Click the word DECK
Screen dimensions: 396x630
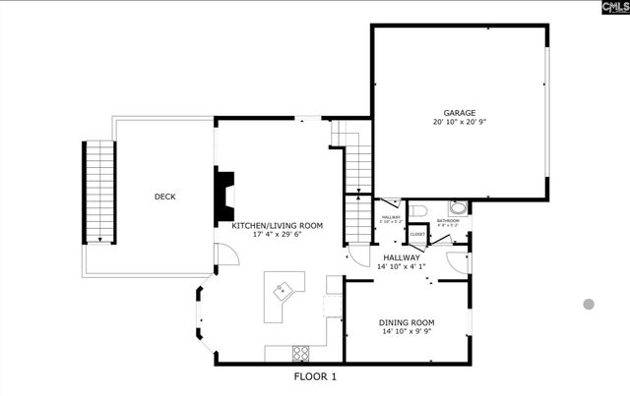164,197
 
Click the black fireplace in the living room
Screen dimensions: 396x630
225,196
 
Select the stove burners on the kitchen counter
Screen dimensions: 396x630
301,352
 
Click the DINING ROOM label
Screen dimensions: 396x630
408,322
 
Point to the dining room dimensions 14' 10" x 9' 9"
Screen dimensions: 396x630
408,332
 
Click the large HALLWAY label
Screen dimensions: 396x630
402,257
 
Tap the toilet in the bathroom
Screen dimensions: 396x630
417,210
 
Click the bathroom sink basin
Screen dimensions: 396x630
458,208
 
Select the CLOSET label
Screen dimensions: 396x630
417,235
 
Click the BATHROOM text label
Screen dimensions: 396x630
448,221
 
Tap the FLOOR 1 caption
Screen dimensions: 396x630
315,376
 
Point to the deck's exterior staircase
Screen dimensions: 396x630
99,192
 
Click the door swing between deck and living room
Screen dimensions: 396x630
224,255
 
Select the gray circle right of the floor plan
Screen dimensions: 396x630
589,305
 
